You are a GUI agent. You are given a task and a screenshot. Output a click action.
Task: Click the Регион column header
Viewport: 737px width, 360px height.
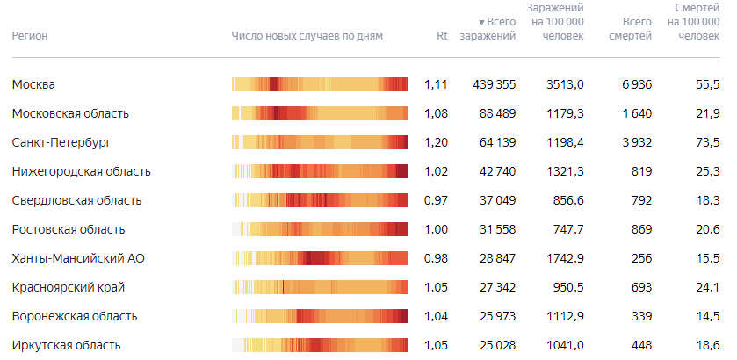[30, 36]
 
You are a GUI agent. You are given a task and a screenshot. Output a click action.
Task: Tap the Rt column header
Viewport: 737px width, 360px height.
[442, 36]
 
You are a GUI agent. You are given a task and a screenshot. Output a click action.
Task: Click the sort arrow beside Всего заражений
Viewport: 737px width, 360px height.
[481, 22]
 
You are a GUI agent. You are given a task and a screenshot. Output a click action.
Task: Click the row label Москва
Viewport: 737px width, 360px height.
[34, 84]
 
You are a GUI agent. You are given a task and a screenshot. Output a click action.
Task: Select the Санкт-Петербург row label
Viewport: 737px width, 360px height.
[62, 142]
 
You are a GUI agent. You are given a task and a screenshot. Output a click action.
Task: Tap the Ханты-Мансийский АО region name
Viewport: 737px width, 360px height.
[78, 258]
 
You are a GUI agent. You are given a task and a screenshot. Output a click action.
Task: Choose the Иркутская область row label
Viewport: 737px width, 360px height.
[66, 345]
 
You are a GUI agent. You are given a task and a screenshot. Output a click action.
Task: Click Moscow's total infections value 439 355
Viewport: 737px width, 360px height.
[494, 84]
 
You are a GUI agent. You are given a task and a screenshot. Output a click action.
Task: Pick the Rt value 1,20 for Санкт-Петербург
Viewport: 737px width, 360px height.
[436, 142]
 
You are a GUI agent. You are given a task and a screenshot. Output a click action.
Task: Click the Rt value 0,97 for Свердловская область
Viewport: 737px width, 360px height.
[436, 201]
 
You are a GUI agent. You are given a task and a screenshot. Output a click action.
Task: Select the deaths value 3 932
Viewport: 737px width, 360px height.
[637, 142]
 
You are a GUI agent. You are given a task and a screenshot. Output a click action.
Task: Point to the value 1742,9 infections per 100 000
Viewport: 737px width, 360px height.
[565, 258]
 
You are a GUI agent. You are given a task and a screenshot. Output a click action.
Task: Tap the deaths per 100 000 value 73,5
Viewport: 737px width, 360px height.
[708, 142]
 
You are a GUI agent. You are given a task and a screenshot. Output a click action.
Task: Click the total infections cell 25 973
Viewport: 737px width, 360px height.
[498, 316]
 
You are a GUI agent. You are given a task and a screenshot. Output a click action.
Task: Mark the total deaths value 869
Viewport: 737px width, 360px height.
[641, 229]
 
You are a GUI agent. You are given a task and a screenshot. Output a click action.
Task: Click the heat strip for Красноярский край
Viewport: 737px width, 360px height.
[320, 287]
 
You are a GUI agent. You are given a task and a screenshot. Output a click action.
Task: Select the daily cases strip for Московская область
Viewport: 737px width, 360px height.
[320, 113]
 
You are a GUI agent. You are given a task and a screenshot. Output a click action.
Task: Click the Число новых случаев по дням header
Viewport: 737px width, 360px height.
[307, 36]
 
